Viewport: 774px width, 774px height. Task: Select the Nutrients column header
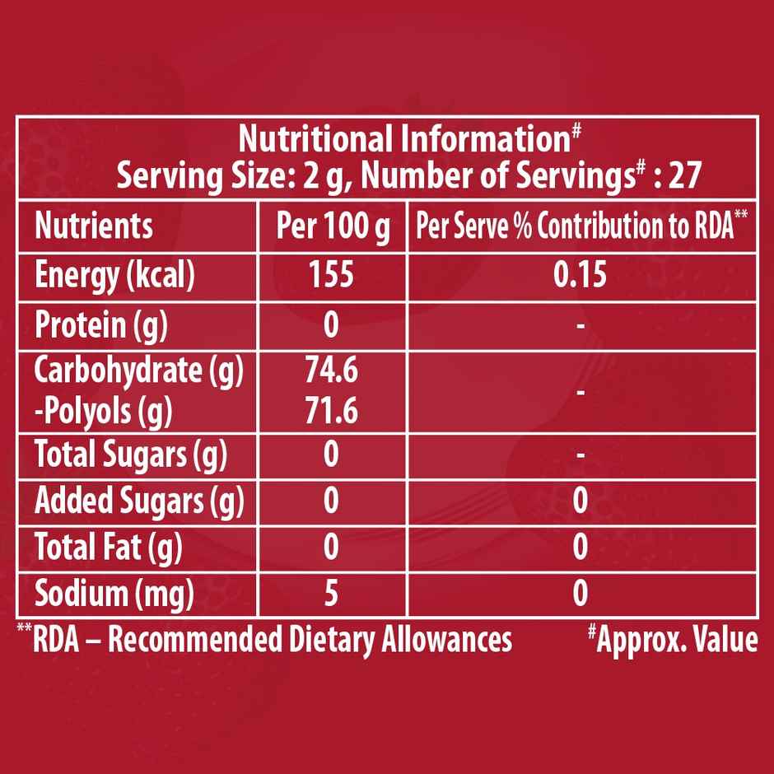pos(93,226)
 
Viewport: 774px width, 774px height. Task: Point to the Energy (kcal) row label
pos(114,276)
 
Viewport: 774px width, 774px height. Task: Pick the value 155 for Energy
pos(331,275)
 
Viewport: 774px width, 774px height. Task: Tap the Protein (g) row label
pos(101,326)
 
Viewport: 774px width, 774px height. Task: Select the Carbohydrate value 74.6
pos(331,373)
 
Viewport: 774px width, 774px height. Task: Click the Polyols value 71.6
pos(331,411)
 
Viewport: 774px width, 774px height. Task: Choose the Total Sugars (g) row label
pos(130,455)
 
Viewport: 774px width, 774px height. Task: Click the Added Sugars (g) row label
pos(138,501)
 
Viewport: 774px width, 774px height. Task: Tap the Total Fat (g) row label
pos(108,548)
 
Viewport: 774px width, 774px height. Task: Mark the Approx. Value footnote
pos(673,640)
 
